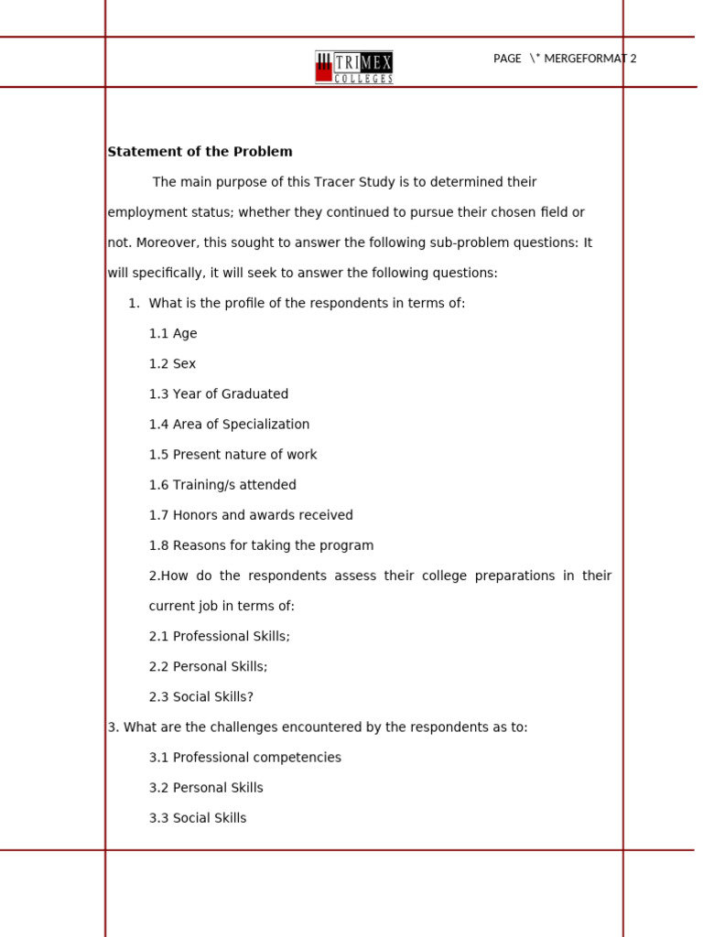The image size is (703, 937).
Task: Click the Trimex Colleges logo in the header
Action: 354,67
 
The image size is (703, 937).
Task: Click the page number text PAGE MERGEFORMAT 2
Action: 564,59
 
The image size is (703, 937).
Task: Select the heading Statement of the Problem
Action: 200,152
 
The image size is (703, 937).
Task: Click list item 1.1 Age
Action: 173,334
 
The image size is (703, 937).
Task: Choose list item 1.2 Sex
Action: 172,364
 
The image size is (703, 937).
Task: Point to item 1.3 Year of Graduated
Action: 218,394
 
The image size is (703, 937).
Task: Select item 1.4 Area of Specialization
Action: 229,425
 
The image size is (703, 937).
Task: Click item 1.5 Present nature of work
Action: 233,455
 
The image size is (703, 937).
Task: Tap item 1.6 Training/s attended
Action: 222,485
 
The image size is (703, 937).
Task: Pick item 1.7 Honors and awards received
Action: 251,515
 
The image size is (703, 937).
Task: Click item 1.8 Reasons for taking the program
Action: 261,545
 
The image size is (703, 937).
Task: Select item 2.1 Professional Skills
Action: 219,636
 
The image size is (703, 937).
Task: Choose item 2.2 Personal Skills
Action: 208,666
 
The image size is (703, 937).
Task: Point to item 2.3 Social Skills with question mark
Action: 200,696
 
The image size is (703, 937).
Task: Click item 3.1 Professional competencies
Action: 244,758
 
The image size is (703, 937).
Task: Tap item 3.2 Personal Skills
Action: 206,788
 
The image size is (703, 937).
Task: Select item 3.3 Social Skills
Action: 198,818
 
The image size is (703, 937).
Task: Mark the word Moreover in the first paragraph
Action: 166,243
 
